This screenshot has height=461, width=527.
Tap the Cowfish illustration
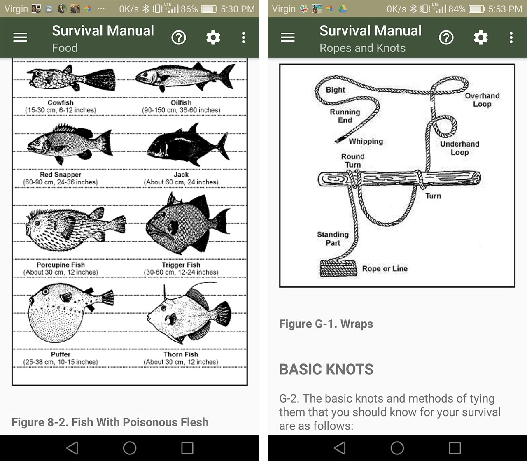71,78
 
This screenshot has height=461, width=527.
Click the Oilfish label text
181,102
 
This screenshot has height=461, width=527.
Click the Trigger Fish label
181,265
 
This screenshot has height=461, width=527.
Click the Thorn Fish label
181,354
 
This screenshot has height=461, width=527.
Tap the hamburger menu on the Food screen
20,37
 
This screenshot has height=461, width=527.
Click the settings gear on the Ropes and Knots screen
480,37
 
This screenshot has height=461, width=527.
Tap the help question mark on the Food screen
179,37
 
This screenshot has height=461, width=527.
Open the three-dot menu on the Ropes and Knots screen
511,37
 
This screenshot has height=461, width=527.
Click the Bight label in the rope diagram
335,90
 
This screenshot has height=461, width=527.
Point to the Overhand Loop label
482,100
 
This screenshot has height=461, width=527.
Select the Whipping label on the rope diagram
366,141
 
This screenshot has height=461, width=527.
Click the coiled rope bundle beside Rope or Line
338,268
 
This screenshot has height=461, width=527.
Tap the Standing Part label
333,238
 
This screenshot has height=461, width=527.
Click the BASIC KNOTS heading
326,369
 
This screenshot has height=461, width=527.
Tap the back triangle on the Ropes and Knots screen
340,448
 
